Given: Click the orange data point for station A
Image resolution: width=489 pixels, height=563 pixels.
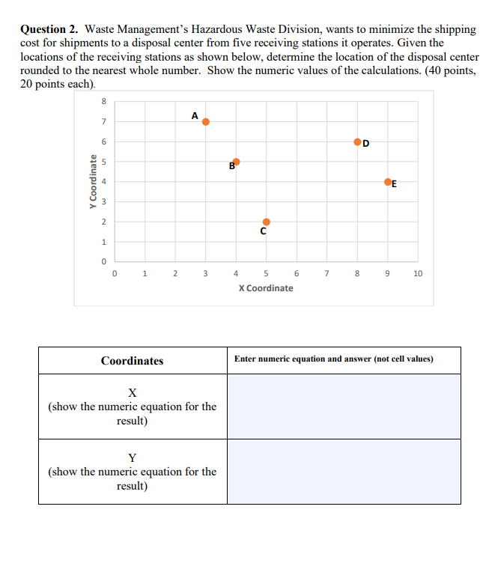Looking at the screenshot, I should [206, 121].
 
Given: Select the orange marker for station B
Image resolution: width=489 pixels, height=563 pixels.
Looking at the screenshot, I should [237, 162].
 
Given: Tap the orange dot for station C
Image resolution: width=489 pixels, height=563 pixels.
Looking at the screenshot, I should [267, 222].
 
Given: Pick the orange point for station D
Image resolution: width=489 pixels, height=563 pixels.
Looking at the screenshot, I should [357, 141].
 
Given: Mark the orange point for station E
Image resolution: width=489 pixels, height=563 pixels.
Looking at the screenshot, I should [388, 182].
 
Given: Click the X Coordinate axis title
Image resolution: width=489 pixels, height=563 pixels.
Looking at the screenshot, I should [266, 288].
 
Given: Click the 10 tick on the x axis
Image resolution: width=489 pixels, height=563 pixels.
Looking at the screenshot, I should [418, 274].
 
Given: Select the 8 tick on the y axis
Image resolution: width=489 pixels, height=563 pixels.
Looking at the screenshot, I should [104, 102].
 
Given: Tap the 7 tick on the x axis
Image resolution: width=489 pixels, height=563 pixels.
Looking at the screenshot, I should [327, 274].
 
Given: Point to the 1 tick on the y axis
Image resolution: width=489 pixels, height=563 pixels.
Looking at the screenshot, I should [104, 242].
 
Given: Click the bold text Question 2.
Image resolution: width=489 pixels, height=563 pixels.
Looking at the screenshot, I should [49, 29].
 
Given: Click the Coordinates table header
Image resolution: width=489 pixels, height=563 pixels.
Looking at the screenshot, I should [133, 361].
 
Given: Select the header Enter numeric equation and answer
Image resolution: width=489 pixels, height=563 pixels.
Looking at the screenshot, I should [333, 359].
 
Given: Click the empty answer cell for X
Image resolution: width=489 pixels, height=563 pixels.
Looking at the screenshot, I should [344, 407].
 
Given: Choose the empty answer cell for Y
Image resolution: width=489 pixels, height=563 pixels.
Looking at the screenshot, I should [344, 471].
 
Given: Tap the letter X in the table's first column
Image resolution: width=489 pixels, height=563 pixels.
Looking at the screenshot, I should [132, 392].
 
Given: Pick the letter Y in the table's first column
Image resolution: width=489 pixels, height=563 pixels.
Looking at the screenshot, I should [132, 457].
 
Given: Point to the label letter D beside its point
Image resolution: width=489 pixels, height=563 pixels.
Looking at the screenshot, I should [366, 144].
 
